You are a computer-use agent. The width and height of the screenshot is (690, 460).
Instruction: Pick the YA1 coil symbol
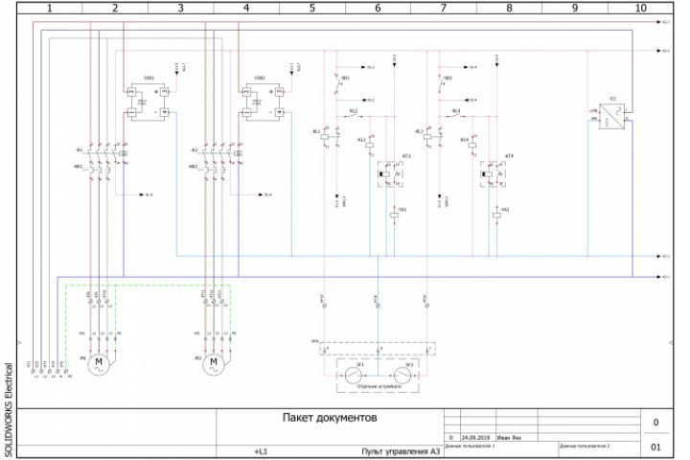click(394, 216)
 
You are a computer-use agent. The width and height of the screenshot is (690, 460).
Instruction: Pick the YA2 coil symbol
click(496, 216)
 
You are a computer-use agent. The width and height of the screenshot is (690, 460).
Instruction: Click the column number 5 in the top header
click(312, 7)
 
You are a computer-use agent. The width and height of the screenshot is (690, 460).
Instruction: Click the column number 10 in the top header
click(641, 7)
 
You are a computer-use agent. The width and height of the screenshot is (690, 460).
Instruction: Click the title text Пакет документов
click(331, 419)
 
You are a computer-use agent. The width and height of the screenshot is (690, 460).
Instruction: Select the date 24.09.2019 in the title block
click(474, 437)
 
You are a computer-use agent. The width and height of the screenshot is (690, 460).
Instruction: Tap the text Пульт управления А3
click(400, 450)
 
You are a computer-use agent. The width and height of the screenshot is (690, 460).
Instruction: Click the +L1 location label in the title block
click(262, 450)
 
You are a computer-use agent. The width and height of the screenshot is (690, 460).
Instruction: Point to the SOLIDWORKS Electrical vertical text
click(9, 407)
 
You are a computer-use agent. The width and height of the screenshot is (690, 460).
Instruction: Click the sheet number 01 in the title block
click(655, 448)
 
